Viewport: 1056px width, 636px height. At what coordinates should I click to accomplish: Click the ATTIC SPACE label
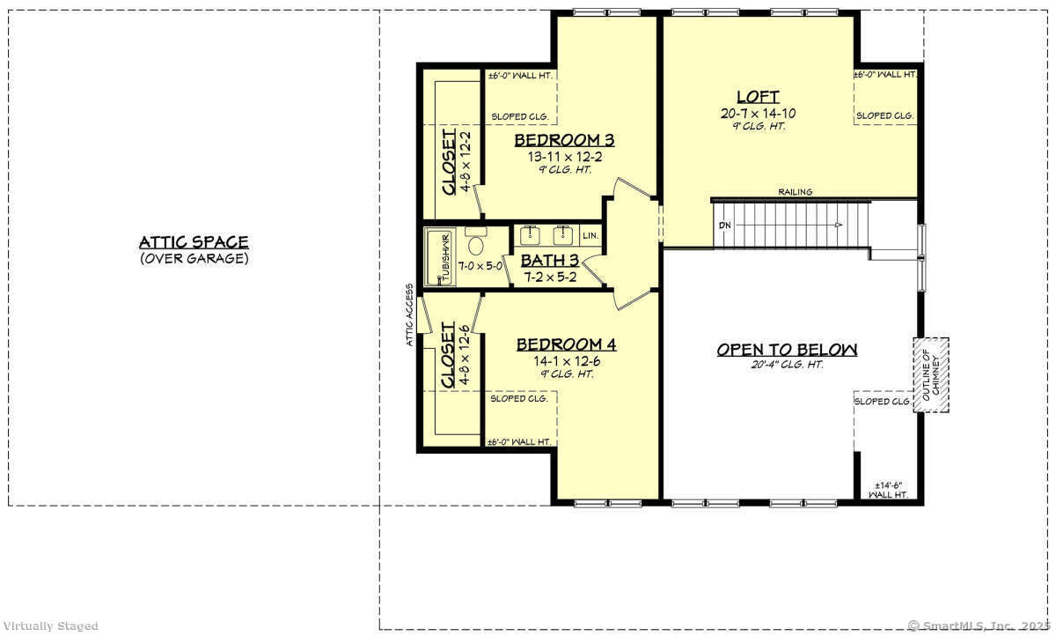click(x=194, y=242)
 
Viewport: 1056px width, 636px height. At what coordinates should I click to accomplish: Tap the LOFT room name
click(x=759, y=97)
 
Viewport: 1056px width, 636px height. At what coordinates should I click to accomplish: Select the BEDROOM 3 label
click(x=564, y=140)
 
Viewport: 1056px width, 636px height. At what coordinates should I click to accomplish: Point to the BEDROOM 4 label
click(x=566, y=344)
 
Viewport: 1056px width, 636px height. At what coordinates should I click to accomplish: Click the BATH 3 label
click(x=550, y=261)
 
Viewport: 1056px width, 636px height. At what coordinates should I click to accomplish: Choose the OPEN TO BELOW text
click(x=786, y=350)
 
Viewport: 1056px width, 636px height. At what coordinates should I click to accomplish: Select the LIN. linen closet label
click(x=590, y=235)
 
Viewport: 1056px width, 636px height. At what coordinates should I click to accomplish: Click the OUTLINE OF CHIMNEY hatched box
click(x=930, y=373)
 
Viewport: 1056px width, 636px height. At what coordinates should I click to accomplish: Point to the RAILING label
click(x=795, y=192)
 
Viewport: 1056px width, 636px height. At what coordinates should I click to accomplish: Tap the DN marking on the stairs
click(x=725, y=225)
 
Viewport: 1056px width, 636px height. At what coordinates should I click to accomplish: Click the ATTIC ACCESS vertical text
click(x=410, y=315)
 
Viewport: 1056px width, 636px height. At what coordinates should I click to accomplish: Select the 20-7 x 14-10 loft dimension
click(x=758, y=114)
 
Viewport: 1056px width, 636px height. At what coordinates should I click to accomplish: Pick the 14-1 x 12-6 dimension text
click(x=566, y=359)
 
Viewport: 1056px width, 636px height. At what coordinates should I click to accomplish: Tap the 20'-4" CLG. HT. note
click(x=787, y=365)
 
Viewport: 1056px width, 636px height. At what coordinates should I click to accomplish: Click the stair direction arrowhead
click(x=839, y=226)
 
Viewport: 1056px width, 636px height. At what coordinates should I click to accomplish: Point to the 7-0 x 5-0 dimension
click(x=480, y=264)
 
